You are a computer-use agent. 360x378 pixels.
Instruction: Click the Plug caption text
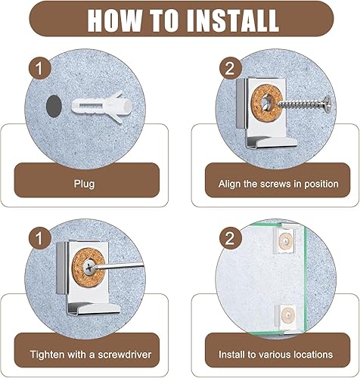point(84,184)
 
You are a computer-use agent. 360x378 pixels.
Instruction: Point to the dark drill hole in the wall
point(54,106)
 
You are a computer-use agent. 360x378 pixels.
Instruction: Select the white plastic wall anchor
point(102,107)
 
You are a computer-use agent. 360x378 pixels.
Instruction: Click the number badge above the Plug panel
point(39,68)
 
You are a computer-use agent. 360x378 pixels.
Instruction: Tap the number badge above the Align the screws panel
point(230,68)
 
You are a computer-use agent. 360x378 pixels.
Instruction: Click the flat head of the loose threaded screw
point(327,104)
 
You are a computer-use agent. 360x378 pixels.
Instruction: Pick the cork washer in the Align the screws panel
point(268,101)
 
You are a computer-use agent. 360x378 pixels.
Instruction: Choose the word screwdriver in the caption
point(125,355)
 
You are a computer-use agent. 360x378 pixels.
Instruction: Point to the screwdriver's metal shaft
point(118,265)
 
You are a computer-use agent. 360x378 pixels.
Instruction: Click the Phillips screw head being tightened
point(89,268)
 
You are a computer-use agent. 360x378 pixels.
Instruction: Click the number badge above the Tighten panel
point(39,238)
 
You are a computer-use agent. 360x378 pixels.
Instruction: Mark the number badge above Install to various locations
point(230,238)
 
